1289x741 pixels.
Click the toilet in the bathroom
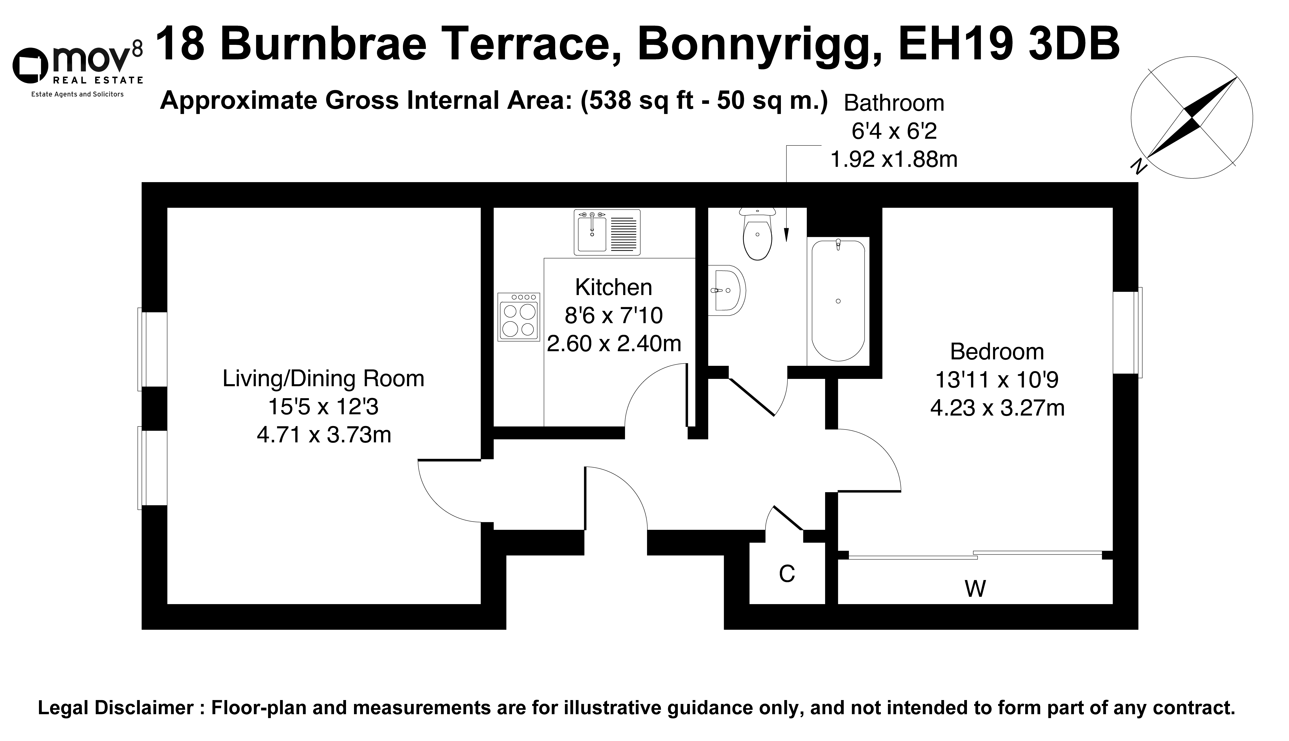point(758,234)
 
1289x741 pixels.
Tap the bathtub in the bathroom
point(838,300)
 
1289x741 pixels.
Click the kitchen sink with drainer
point(607,232)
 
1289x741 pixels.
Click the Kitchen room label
point(613,288)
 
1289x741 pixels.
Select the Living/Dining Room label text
point(323,379)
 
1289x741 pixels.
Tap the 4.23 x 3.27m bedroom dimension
point(997,408)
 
